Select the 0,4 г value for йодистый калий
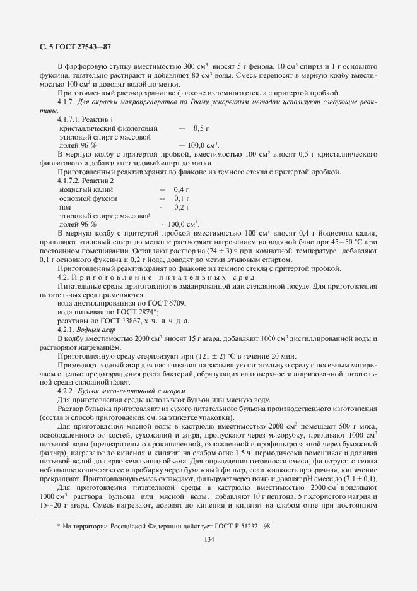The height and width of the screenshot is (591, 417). (x=182, y=189)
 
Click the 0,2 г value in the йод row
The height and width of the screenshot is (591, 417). (x=182, y=206)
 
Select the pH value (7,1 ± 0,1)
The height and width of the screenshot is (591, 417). (x=359, y=479)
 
